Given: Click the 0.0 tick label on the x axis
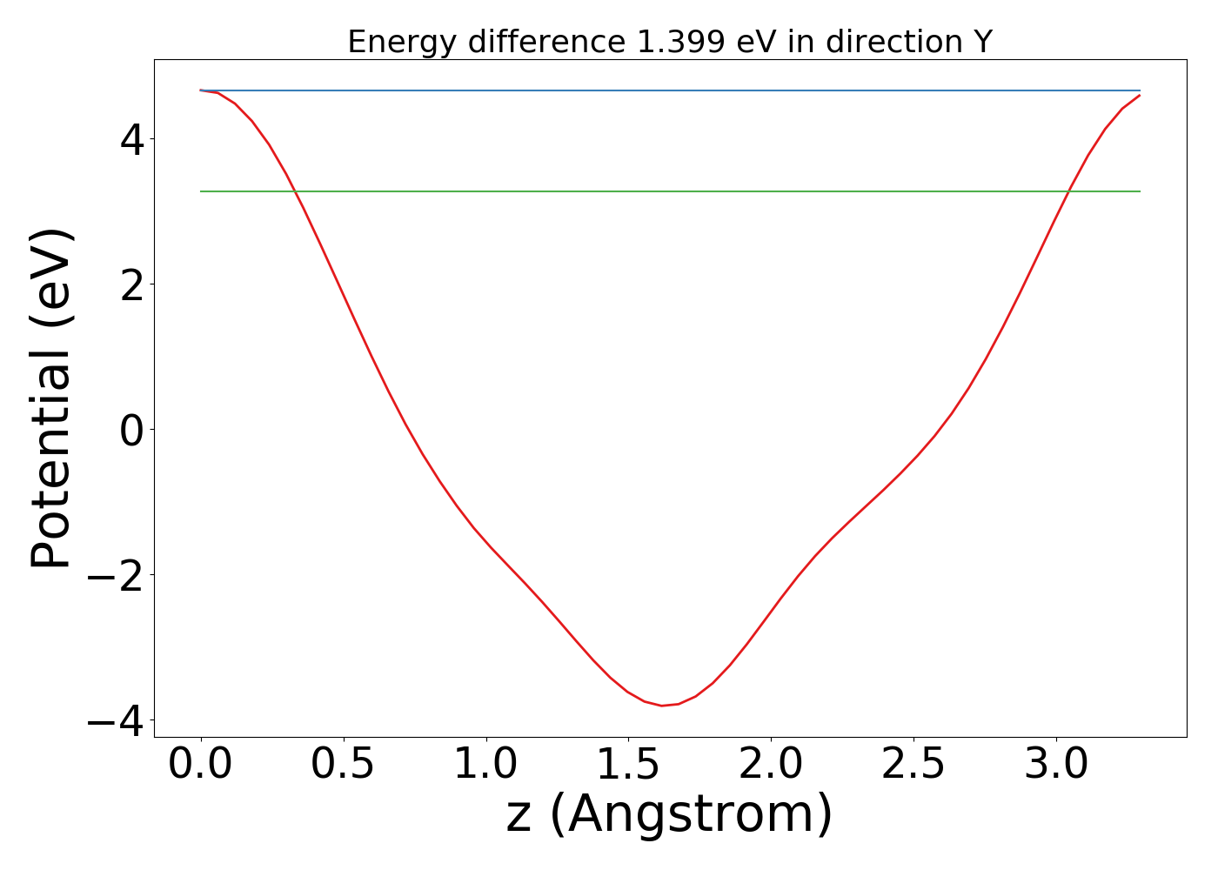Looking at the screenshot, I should (x=200, y=765).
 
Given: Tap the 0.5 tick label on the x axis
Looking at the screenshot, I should (x=343, y=765).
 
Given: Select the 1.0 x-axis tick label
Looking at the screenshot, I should (x=485, y=765).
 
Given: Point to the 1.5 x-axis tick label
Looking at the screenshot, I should (x=628, y=765).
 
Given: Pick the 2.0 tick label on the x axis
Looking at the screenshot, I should (x=771, y=765).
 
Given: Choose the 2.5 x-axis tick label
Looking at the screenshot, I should (x=913, y=765).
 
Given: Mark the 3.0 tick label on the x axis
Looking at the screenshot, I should (x=1055, y=765).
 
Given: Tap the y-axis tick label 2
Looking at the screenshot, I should (x=131, y=285).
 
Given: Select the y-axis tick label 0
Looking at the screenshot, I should (x=131, y=431).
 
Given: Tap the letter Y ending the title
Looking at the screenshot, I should (x=983, y=42).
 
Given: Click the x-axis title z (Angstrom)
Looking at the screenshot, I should (x=669, y=815).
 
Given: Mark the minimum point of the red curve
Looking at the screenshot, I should (x=662, y=706).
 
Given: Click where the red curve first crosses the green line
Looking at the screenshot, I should (x=295, y=191).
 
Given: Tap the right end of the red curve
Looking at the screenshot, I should (x=1140, y=95).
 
